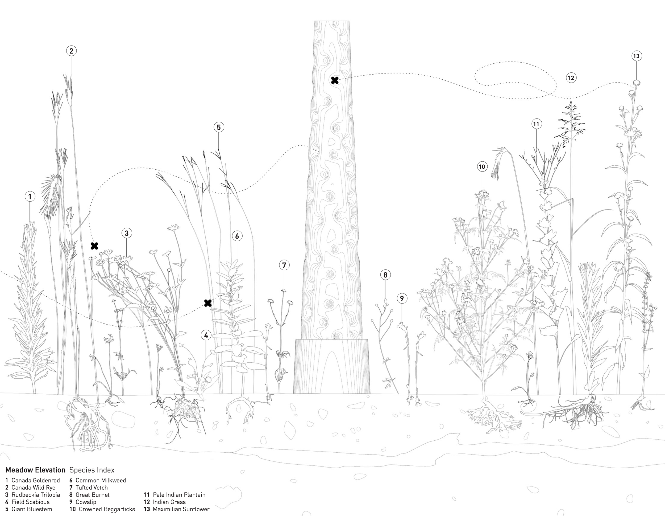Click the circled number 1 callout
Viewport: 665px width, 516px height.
pos(30,196)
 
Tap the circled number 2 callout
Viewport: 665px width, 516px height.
pos(71,51)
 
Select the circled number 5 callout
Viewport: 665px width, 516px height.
pos(219,127)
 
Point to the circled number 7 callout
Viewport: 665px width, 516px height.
pos(284,265)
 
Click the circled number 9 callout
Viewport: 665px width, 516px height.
pos(402,298)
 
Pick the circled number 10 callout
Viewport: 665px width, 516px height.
pos(482,167)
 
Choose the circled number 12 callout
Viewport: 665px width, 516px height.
pos(571,78)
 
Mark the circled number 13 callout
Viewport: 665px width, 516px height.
pos(636,56)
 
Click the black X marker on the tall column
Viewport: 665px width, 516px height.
pos(335,80)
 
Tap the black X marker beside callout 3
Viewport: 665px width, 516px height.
pos(94,246)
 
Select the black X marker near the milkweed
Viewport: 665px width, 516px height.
pos(208,303)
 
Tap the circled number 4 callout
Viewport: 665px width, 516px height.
pos(206,335)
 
